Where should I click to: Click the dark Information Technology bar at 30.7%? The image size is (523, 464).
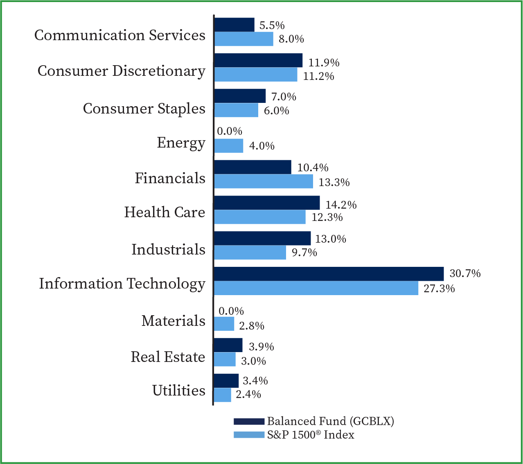click(x=329, y=274)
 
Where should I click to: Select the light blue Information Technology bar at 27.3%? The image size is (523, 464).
click(x=316, y=288)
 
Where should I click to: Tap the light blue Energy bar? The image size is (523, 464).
click(x=228, y=146)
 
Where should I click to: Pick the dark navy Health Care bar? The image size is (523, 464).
click(x=267, y=203)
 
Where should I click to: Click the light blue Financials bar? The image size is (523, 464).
click(x=263, y=182)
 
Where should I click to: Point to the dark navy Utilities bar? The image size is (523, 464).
click(x=226, y=381)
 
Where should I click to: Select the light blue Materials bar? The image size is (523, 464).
click(x=224, y=324)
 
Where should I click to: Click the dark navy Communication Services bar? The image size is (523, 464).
click(x=234, y=25)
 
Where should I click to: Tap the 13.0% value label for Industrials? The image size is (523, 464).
click(x=330, y=239)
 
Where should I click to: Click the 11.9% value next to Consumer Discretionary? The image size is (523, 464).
click(x=324, y=63)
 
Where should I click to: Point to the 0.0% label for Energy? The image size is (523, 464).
click(x=230, y=132)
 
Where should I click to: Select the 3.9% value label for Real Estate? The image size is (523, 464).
click(x=261, y=347)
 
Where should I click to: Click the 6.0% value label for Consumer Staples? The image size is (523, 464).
click(x=276, y=111)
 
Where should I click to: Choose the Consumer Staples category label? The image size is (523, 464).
click(x=144, y=109)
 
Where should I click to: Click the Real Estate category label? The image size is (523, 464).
click(x=168, y=357)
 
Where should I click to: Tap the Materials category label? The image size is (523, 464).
click(x=174, y=321)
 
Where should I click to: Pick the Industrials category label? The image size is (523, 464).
click(x=168, y=250)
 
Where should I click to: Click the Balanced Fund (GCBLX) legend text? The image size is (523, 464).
click(x=330, y=421)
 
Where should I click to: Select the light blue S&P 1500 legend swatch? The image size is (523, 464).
click(x=249, y=435)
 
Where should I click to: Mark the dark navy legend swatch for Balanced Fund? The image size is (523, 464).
click(x=249, y=422)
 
